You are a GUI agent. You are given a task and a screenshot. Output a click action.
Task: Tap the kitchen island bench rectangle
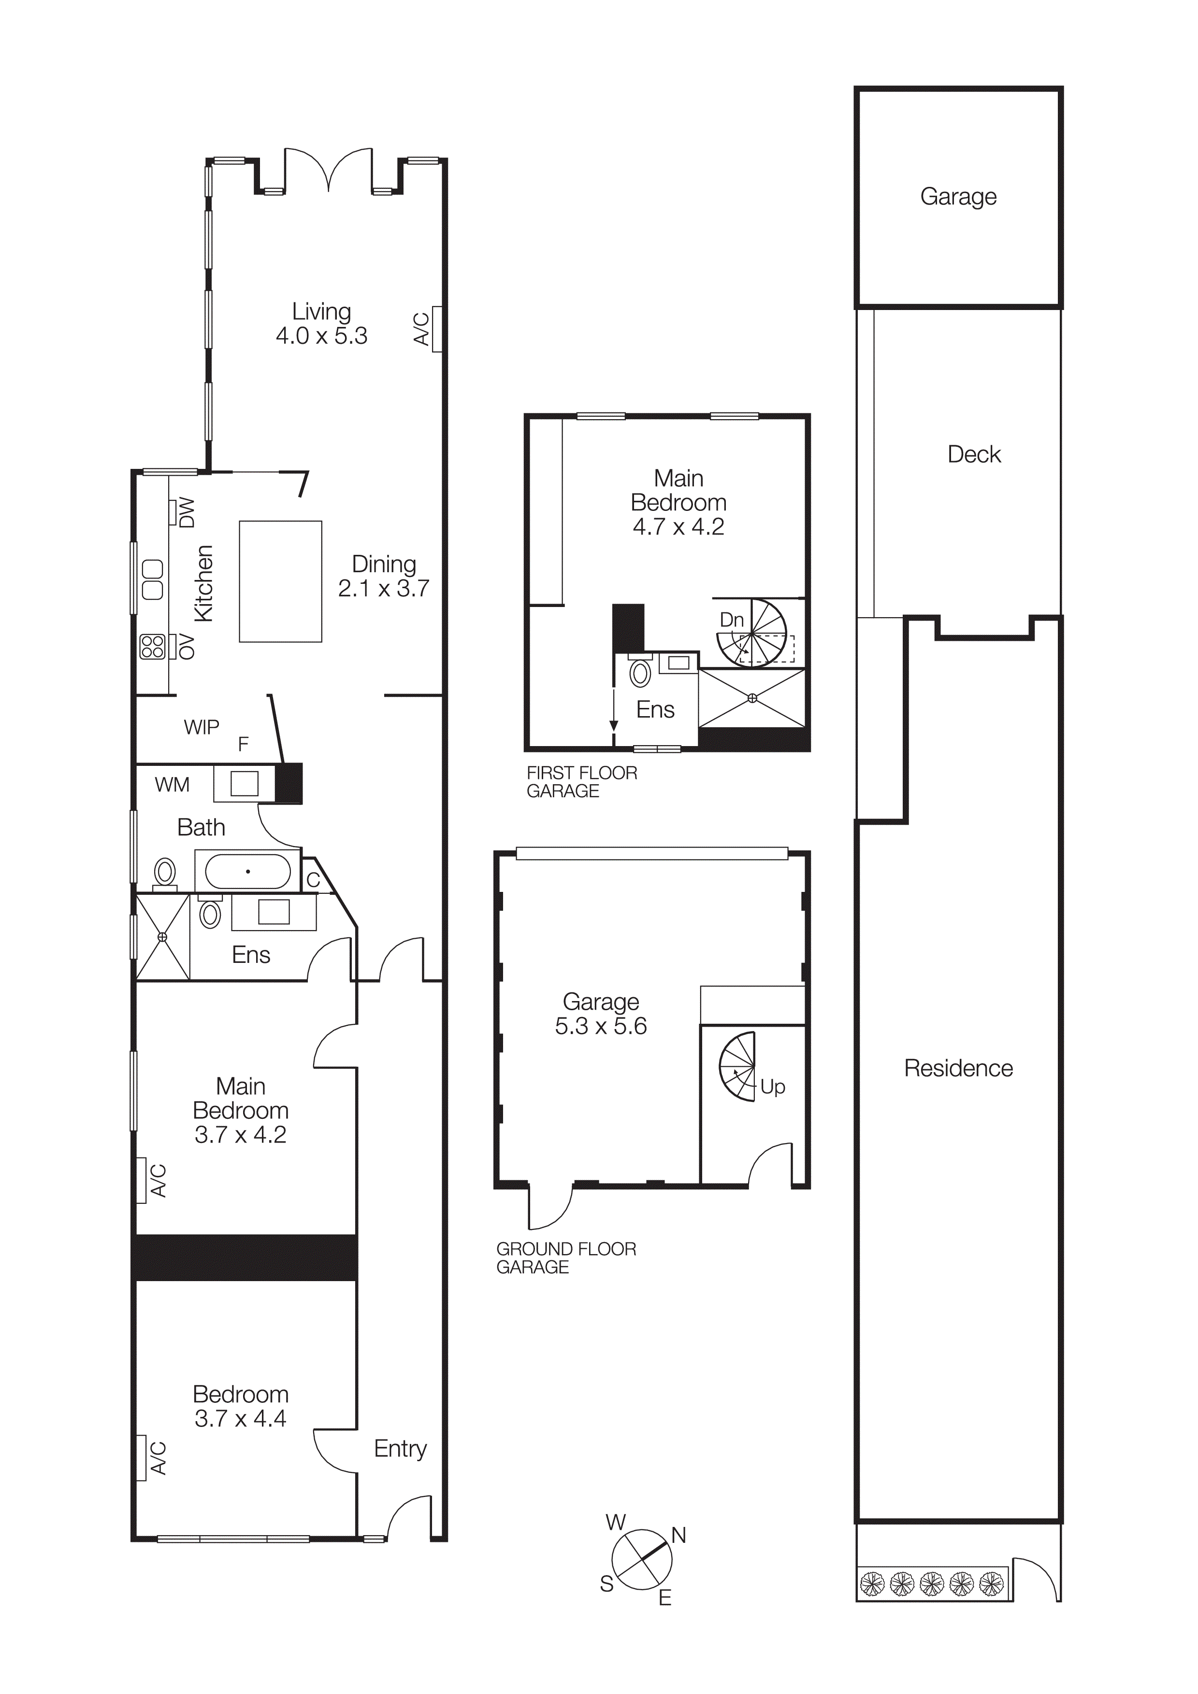click(280, 581)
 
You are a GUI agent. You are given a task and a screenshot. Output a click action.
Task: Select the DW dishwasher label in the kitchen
click(187, 512)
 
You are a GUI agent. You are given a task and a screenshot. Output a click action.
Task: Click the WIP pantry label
click(202, 727)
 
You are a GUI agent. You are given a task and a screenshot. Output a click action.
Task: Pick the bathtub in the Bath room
click(247, 871)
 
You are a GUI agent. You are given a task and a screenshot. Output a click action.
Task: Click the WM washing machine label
click(172, 784)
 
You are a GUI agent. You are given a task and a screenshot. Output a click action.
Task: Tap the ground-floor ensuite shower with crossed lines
click(162, 937)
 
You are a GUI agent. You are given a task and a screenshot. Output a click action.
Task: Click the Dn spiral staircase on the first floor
click(753, 633)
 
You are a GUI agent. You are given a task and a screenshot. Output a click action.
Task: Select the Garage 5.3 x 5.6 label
click(601, 1013)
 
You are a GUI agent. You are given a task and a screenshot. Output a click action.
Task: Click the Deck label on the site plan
click(974, 454)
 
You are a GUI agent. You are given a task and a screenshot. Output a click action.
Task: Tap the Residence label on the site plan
click(958, 1068)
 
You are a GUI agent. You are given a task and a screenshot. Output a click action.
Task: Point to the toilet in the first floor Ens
click(640, 673)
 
